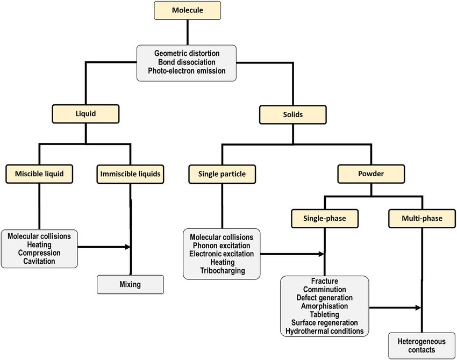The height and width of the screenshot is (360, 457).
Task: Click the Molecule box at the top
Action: coord(188,10)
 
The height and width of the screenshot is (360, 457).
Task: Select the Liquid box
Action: coord(85,113)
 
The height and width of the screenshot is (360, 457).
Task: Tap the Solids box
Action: coord(293,114)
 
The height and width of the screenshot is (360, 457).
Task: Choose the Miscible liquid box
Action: coord(39,174)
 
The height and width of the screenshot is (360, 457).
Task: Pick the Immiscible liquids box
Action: coord(130,174)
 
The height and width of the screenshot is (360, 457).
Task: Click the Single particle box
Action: coord(222,174)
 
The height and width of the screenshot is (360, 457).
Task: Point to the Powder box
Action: coord(371,174)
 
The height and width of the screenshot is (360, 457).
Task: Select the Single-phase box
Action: coord(325,219)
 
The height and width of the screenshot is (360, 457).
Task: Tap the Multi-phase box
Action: coord(422,219)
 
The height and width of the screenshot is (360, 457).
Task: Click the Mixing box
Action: coord(130,284)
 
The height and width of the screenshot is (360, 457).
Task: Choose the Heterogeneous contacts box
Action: coord(422,345)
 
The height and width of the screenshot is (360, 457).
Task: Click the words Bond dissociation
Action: coord(187,62)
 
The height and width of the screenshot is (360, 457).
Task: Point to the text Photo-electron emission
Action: coord(187,71)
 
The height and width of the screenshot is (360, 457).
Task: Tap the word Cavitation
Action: coord(39,261)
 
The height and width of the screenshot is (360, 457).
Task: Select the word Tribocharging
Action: coord(223,271)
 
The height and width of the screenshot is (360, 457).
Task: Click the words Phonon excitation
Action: coord(222,246)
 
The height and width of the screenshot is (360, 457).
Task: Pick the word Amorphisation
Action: coord(325,306)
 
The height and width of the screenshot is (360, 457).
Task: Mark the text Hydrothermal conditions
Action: coord(325,331)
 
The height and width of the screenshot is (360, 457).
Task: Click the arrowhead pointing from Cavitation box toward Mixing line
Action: coord(127,247)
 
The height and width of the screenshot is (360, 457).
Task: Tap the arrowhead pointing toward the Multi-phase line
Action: coord(418,307)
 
